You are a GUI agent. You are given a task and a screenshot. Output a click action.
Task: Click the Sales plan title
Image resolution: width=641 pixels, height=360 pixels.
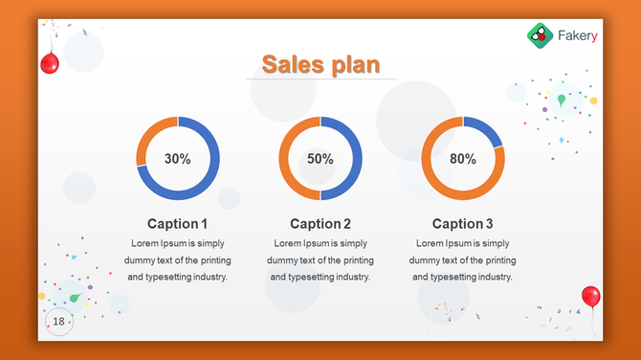click(x=320, y=64)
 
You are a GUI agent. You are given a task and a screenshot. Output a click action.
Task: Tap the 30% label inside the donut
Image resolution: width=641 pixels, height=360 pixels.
click(x=178, y=159)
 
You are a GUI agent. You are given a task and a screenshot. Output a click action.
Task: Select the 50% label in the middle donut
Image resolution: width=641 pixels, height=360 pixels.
click(x=320, y=159)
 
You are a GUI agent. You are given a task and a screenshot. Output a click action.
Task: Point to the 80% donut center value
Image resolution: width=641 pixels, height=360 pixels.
click(x=463, y=159)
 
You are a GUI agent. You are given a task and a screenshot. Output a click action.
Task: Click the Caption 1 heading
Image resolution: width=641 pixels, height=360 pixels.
click(x=178, y=224)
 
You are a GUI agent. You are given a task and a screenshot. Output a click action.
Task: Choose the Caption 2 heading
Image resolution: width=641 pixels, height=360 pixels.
click(x=320, y=224)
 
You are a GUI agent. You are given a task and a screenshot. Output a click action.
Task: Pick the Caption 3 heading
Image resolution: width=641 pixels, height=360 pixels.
click(x=463, y=224)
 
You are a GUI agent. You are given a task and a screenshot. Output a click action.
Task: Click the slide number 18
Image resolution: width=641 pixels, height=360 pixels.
click(x=59, y=321)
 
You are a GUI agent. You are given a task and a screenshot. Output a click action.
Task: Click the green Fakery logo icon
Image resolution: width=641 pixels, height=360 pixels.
click(x=540, y=35)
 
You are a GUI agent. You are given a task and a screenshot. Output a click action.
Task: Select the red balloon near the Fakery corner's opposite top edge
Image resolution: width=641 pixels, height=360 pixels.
click(x=50, y=63)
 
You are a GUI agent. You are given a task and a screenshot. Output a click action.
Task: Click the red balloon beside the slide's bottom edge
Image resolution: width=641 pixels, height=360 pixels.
click(x=590, y=296)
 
